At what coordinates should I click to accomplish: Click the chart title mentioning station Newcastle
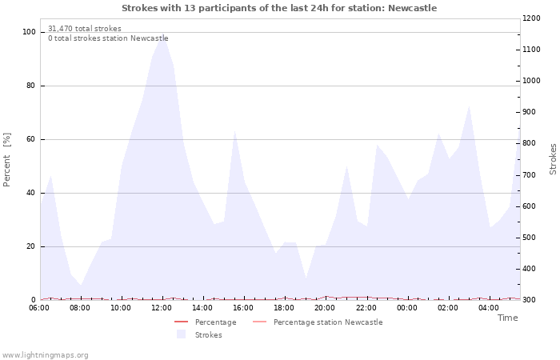tap(279, 8)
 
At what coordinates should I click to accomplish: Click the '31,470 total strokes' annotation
tap(85, 29)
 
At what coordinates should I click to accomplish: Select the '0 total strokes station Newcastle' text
tap(108, 38)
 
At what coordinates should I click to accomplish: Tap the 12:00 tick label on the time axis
tap(162, 308)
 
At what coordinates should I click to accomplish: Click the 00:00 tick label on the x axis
tap(407, 308)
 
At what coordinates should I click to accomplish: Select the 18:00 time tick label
tap(285, 308)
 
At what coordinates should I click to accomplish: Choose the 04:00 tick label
tap(490, 308)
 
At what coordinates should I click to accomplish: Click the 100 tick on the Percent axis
tap(29, 32)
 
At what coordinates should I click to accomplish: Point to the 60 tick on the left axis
tap(31, 139)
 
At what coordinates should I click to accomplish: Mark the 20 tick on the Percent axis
tap(31, 246)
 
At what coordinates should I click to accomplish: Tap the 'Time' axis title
tap(507, 318)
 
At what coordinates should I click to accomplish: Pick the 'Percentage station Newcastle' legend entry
tap(327, 322)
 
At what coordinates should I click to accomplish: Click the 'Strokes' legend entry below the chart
tap(208, 334)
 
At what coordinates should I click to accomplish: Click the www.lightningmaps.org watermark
tap(45, 354)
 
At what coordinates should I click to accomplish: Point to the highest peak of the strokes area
tap(163, 34)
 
